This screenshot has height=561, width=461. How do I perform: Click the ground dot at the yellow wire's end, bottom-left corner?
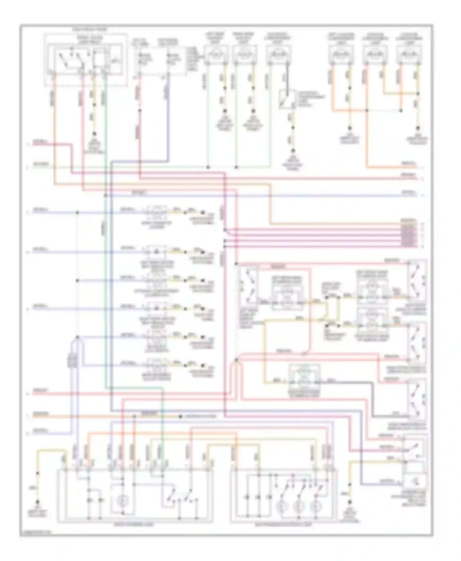coord(38,502)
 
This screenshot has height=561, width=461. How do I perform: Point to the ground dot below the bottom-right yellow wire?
coord(349,502)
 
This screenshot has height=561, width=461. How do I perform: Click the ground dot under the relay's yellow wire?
coord(94,134)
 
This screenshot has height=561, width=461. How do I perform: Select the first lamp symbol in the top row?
coord(217,55)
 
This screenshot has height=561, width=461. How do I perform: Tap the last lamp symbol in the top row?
coord(409,55)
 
